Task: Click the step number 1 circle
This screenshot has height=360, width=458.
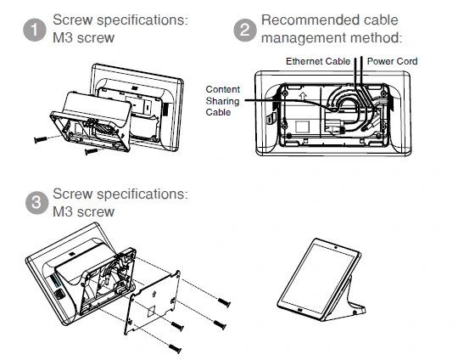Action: pos(35,30)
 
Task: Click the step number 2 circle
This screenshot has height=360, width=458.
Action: pos(245,30)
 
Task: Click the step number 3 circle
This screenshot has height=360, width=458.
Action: pos(36,203)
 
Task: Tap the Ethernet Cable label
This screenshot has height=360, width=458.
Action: pos(318,61)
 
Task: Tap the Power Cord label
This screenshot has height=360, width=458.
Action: pos(392,61)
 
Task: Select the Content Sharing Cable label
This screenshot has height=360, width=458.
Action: pos(222,100)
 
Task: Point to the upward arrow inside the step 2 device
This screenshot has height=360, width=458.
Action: pos(303,96)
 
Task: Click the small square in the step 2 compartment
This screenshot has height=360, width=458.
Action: pos(302,127)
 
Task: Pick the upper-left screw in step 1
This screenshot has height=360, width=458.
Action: pos(41,139)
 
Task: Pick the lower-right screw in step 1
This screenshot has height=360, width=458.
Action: pos(91,151)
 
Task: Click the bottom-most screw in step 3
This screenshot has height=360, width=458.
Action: pos(176,348)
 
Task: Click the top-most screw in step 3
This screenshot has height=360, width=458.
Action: pos(224,302)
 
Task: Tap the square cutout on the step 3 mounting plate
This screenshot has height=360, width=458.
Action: pos(151,311)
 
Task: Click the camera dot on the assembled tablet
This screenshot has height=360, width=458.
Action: pos(336,248)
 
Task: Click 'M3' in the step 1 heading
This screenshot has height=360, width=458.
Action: pos(63,37)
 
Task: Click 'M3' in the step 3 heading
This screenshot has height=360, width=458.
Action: pos(63,211)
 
